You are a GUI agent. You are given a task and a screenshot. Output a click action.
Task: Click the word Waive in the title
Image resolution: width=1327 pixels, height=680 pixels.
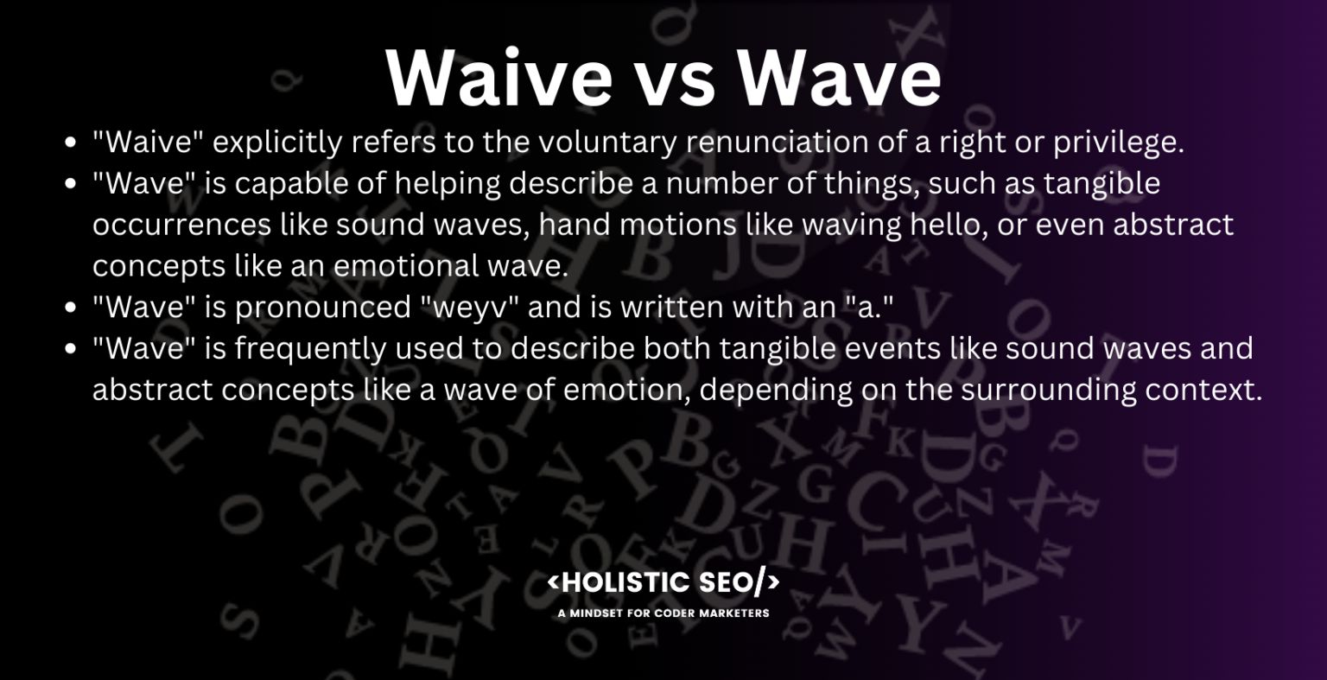(x=498, y=78)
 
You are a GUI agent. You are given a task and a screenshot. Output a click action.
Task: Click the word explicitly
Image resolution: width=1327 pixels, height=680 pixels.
(x=276, y=143)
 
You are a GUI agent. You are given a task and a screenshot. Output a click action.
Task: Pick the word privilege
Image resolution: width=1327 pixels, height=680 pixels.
(x=1118, y=143)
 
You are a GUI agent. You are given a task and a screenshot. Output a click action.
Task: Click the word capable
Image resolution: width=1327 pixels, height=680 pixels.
(x=289, y=184)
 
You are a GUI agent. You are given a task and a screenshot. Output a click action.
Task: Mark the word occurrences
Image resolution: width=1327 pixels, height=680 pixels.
(x=181, y=226)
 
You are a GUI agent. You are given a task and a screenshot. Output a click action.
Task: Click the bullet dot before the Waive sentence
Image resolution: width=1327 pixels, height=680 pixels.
(x=73, y=143)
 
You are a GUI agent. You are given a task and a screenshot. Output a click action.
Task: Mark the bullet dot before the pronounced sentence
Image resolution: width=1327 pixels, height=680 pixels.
(x=73, y=308)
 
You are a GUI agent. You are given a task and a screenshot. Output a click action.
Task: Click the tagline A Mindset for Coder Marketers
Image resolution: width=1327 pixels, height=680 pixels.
(x=663, y=613)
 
